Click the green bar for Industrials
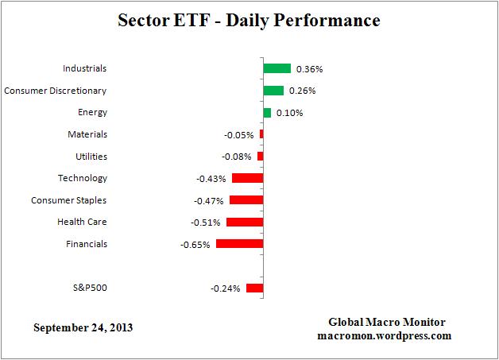277,69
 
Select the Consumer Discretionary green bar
273,91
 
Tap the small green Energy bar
267,113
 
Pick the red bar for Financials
239,244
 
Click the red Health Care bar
244,223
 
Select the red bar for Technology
247,178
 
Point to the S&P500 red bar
254,288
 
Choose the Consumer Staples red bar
246,200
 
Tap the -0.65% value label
195,245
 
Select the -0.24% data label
225,288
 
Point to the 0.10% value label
288,113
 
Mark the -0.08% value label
237,157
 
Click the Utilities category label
90,157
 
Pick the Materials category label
87,134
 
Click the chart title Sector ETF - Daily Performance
249,19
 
